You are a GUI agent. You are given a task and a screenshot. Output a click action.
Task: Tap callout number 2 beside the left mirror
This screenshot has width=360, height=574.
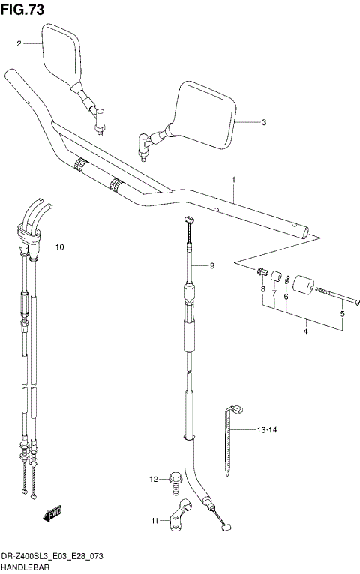pyautogui.click(x=20, y=44)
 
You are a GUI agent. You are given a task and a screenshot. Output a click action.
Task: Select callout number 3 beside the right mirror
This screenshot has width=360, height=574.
pyautogui.click(x=264, y=122)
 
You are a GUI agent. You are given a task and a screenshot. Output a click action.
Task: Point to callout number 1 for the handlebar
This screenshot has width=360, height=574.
pyautogui.click(x=234, y=180)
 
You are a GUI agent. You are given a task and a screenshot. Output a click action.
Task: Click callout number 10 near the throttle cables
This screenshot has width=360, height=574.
pyautogui.click(x=60, y=247)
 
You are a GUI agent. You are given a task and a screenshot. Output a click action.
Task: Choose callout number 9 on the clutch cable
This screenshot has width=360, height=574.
pyautogui.click(x=212, y=266)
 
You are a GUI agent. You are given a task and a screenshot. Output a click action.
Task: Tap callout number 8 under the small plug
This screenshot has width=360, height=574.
pyautogui.click(x=263, y=289)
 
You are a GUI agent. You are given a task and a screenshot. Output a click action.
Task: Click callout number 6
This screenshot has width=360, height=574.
pyautogui.click(x=286, y=297)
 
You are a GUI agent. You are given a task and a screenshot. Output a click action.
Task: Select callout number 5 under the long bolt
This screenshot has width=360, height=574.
pyautogui.click(x=342, y=315)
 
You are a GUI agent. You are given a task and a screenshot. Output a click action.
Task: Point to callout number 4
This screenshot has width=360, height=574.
pyautogui.click(x=306, y=331)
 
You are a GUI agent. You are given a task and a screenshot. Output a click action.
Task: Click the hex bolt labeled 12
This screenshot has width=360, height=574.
pyautogui.click(x=175, y=480)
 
